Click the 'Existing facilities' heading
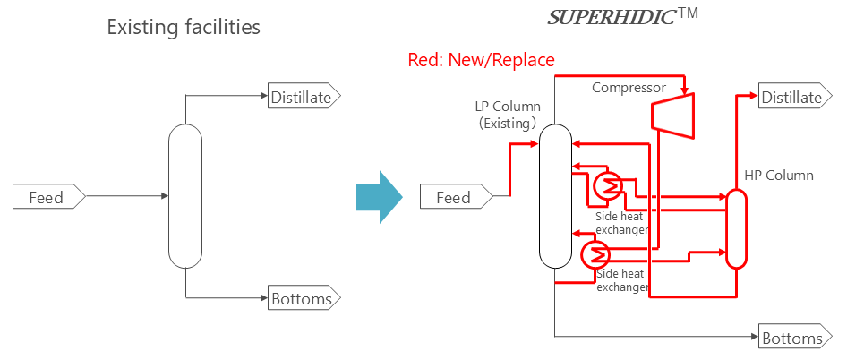point(184,28)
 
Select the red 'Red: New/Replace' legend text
point(481,60)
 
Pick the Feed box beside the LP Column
point(456,197)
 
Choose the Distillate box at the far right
point(794,97)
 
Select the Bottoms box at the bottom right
point(794,338)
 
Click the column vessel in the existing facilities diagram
point(185,197)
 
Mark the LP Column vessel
point(555,196)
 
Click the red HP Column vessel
point(736,228)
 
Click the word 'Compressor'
point(629,88)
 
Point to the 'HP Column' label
point(779,175)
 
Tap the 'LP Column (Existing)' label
point(507,115)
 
